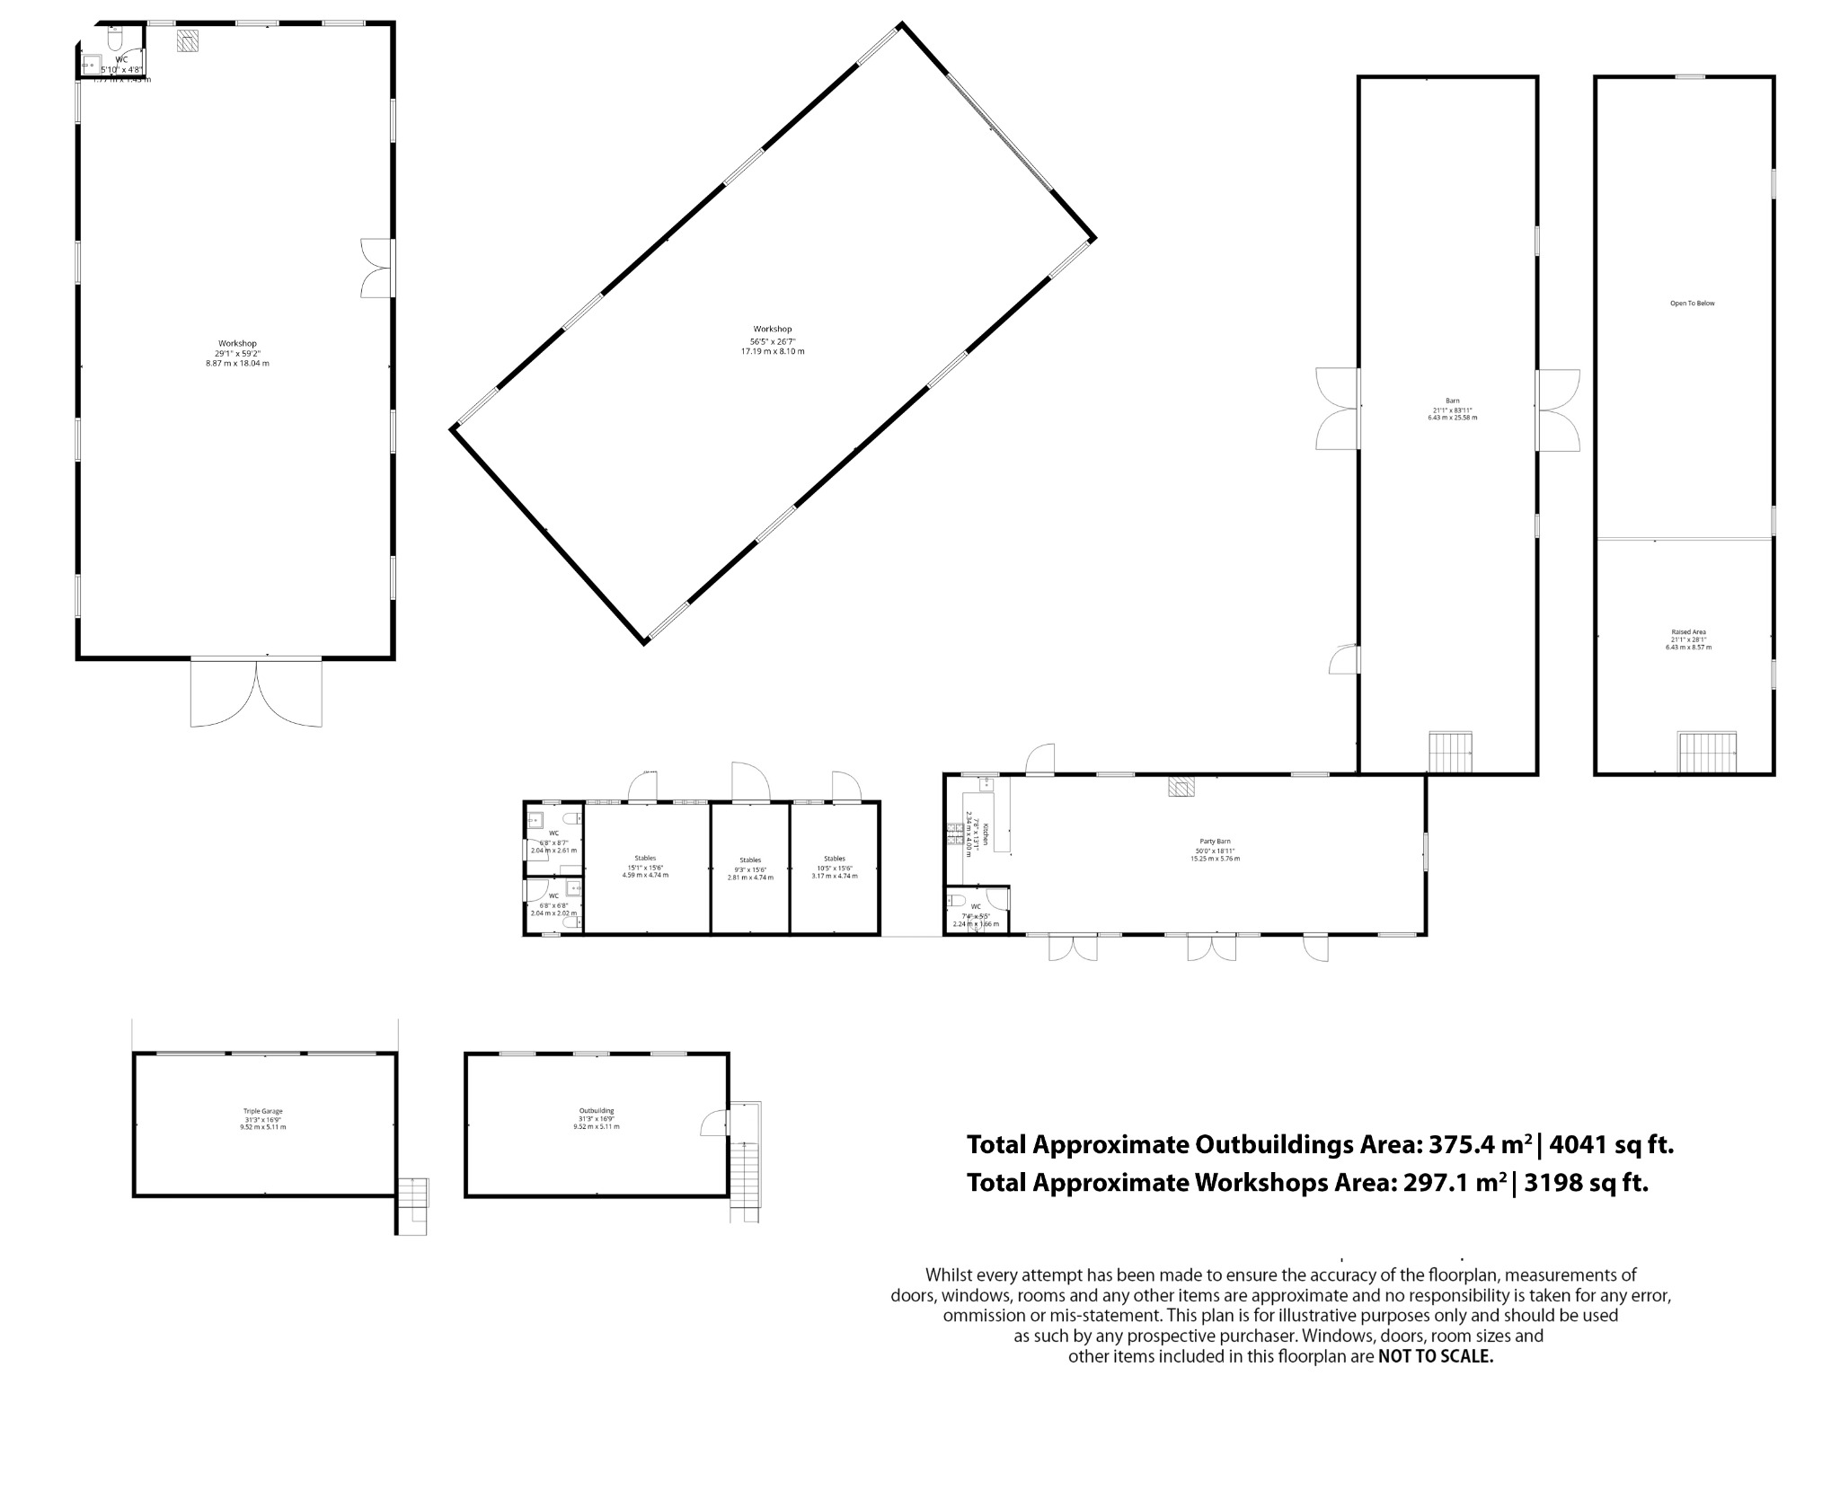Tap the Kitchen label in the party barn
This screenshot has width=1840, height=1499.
985,833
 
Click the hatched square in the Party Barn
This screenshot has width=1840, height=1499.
1181,787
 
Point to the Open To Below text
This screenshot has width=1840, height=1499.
1692,304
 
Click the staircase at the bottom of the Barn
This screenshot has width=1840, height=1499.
1450,752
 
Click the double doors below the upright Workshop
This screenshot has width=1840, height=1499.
256,692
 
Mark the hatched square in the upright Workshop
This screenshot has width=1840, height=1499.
188,42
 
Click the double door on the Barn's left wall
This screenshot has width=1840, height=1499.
1339,409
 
